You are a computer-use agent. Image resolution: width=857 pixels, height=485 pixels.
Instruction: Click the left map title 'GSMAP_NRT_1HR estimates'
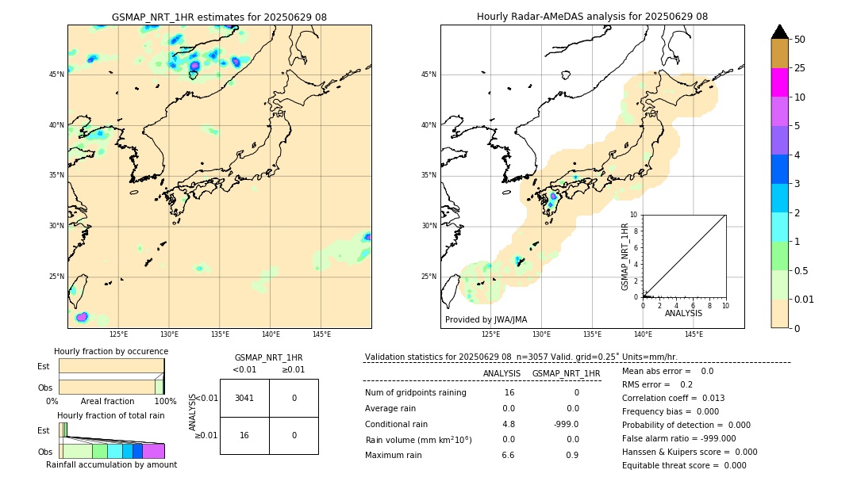coord(219,17)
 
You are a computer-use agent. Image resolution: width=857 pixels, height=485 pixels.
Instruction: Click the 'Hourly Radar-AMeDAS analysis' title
coord(592,17)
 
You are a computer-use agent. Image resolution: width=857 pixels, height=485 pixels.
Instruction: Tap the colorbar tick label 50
coord(800,40)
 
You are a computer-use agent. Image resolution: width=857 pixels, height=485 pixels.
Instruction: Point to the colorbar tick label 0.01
coord(805,299)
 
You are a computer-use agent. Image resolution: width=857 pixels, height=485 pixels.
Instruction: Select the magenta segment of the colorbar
coord(779,82)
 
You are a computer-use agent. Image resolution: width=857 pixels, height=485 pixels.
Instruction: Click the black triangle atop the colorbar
coord(779,32)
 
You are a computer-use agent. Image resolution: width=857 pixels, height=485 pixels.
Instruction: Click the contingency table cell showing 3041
coord(244,398)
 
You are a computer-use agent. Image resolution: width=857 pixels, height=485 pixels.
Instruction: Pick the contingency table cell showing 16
coord(244,435)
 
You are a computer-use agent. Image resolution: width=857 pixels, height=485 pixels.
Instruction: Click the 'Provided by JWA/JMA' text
coord(486,320)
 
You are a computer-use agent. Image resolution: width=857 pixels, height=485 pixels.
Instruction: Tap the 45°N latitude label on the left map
coord(56,74)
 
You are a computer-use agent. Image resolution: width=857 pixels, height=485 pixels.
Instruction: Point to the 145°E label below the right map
coord(693,334)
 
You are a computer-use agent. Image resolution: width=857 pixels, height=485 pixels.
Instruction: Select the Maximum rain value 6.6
coord(509,455)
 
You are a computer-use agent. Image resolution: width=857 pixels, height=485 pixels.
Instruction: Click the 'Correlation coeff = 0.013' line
coord(673,398)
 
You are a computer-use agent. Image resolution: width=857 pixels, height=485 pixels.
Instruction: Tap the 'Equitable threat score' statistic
coord(684,465)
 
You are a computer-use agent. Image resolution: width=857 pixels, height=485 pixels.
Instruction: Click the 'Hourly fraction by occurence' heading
coord(111,351)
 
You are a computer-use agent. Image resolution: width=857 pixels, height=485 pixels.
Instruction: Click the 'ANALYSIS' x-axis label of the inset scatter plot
coord(683,313)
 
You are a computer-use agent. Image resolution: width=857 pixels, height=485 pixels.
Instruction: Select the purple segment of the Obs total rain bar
coord(153,451)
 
